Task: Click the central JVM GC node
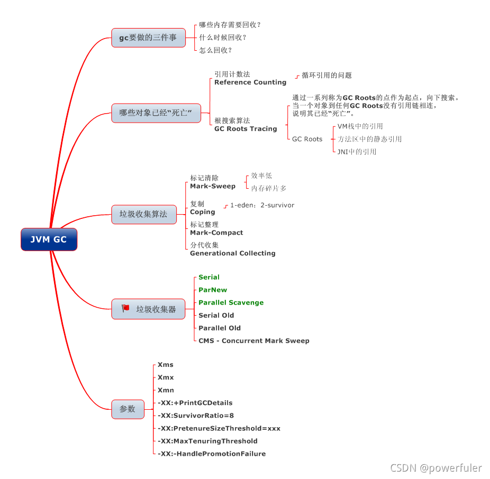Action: [49, 240]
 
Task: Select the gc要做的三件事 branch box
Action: [148, 38]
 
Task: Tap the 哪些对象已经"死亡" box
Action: [156, 113]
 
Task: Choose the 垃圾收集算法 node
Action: [143, 214]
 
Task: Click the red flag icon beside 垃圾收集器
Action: [125, 308]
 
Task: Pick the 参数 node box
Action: [128, 409]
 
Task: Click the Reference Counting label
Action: [250, 82]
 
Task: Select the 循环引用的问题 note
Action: [326, 76]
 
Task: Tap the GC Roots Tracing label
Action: [246, 129]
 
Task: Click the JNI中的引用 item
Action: [357, 152]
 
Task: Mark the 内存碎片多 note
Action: [269, 188]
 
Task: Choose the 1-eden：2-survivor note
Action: [262, 205]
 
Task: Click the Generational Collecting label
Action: [233, 253]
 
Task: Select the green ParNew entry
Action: [213, 290]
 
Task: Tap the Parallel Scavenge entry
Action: [231, 302]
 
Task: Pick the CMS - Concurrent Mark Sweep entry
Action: [253, 340]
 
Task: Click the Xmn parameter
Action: [166, 390]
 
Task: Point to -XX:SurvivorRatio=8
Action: [196, 416]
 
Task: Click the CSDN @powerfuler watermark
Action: [436, 468]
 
